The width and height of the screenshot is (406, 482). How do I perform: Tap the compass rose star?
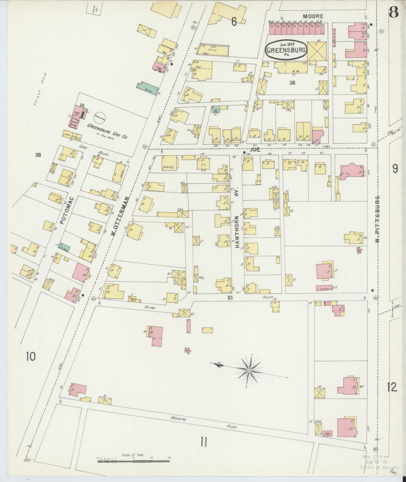[249, 370]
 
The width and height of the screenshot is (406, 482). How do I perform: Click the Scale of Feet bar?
[133, 461]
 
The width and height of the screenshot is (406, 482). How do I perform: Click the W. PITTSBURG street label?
[377, 219]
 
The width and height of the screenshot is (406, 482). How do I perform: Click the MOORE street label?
[313, 16]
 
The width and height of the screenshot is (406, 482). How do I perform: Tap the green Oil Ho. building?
[216, 109]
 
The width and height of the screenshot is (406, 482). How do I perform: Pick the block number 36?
[292, 83]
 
